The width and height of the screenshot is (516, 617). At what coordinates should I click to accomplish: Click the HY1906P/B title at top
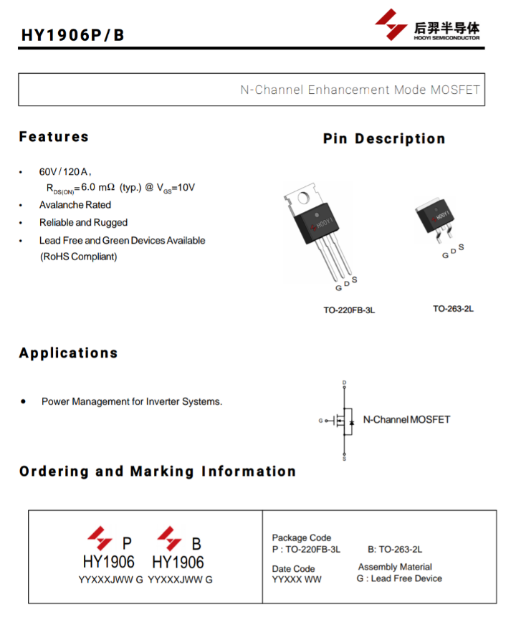point(73,35)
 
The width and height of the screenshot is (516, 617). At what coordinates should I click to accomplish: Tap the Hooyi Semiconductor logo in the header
point(427,25)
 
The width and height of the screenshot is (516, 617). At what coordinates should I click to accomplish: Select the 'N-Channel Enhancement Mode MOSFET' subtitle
point(360,90)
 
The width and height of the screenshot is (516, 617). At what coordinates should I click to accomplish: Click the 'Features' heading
point(54,137)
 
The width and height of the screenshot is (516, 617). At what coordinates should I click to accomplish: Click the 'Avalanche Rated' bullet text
point(75,205)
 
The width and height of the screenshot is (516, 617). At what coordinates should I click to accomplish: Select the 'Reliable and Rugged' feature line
point(83,222)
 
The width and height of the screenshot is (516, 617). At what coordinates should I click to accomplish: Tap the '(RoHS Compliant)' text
point(79,257)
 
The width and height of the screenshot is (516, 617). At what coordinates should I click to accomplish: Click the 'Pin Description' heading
point(384,138)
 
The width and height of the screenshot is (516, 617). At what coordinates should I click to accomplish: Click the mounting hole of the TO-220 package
point(303,198)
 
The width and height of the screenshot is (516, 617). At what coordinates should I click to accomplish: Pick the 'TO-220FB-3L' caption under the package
point(349,310)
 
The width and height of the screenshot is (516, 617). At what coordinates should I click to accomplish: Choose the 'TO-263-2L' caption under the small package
point(453,308)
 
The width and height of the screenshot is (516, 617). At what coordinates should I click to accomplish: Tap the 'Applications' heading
point(69,353)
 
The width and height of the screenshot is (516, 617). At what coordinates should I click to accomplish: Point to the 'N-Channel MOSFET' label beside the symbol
point(406,419)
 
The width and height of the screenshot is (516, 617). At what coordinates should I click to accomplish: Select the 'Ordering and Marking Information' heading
point(158,471)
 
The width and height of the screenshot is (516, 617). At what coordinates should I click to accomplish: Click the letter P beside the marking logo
point(127,543)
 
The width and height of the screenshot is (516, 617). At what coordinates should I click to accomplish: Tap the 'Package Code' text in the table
point(302,537)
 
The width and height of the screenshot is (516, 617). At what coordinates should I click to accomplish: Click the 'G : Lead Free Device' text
point(399,578)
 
